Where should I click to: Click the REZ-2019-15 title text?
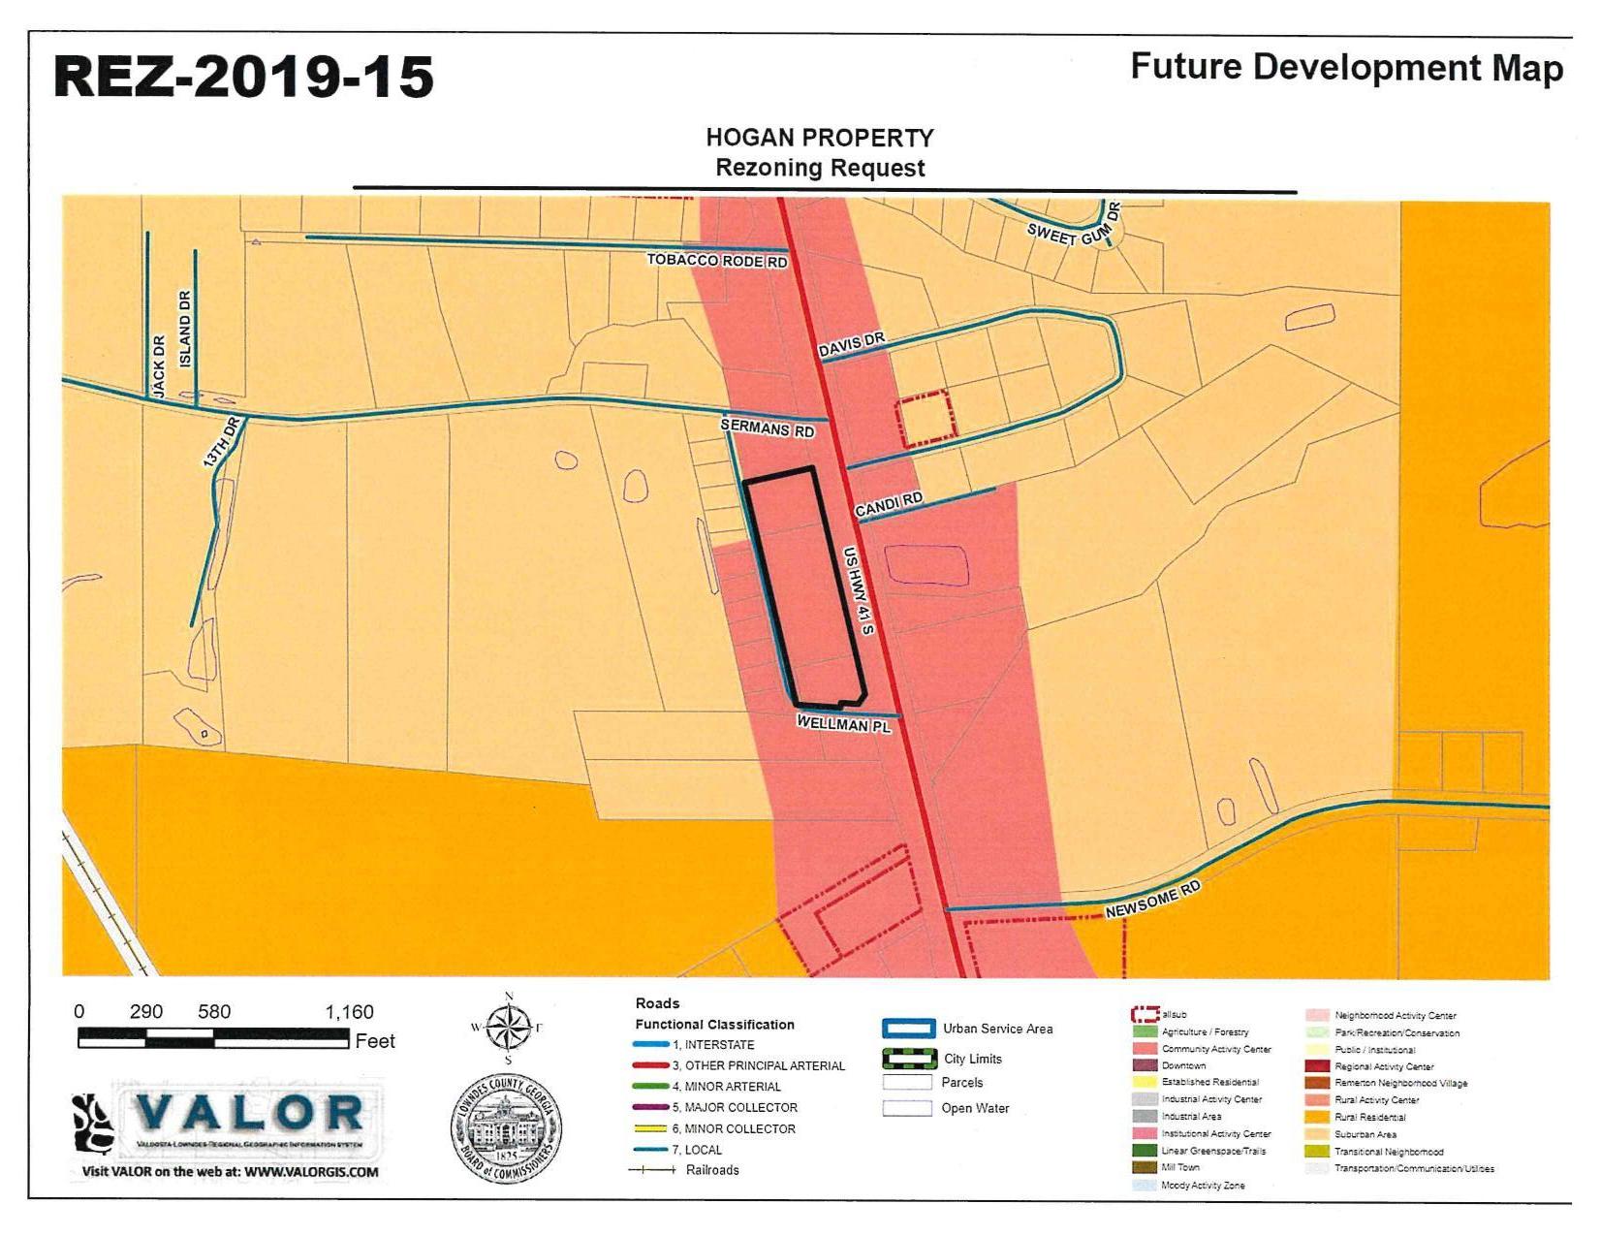tap(242, 77)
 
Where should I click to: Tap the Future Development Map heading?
tap(1346, 68)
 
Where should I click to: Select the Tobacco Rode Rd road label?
tap(716, 261)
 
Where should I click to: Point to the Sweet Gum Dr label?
tap(1073, 227)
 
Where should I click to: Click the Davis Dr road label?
tap(852, 345)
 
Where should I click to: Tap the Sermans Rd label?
tap(767, 428)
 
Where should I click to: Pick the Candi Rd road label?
tap(888, 504)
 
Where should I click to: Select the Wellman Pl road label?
tap(843, 723)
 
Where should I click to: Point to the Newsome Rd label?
tap(1152, 900)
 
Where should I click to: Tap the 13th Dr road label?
tap(221, 443)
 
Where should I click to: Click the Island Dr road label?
tap(185, 328)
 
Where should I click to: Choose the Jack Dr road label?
tap(159, 365)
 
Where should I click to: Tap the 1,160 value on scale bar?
tap(349, 1012)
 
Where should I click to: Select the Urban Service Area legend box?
tap(908, 1029)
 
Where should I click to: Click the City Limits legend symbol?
tap(908, 1059)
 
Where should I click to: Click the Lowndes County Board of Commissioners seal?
tap(506, 1127)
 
